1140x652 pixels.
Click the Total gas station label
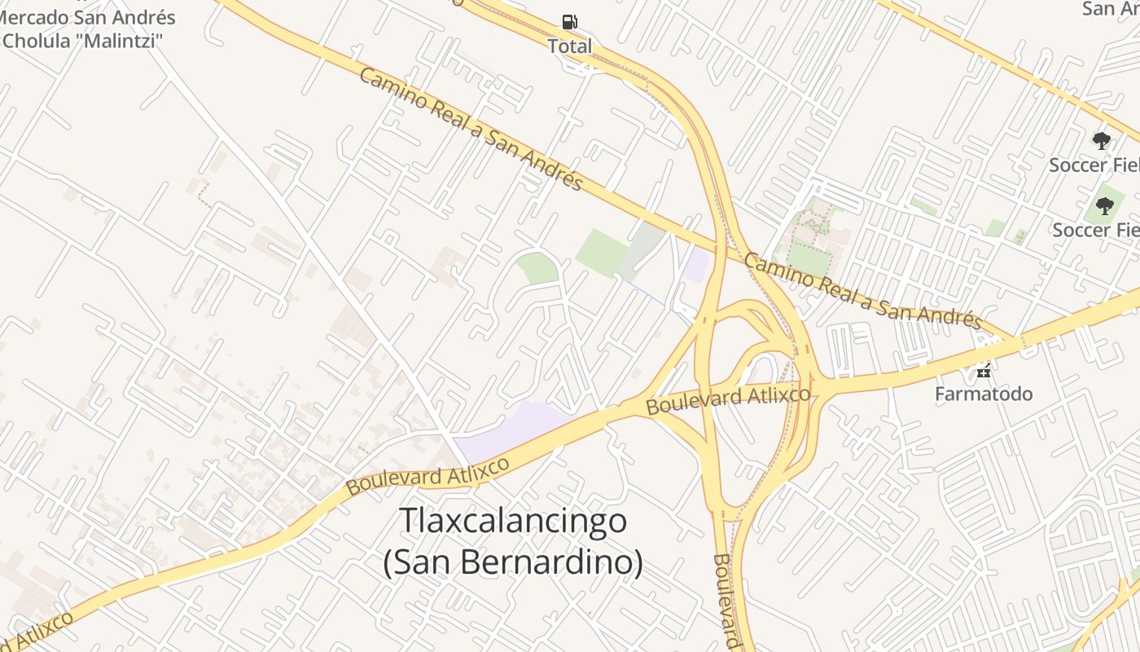(570, 46)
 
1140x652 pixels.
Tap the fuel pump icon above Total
(570, 22)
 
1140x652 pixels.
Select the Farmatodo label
(983, 394)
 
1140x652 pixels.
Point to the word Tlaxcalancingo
(513, 521)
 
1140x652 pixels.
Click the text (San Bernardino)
(513, 562)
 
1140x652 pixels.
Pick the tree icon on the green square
(1105, 206)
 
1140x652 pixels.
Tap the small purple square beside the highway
(698, 265)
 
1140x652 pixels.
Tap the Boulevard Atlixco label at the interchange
(729, 400)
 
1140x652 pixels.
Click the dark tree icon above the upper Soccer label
(1102, 141)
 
